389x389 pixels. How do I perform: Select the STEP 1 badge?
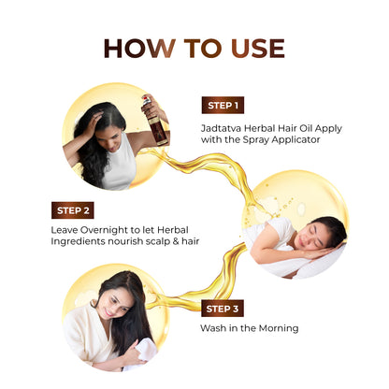pos(224,105)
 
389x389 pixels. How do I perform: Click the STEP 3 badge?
pos(223,307)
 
